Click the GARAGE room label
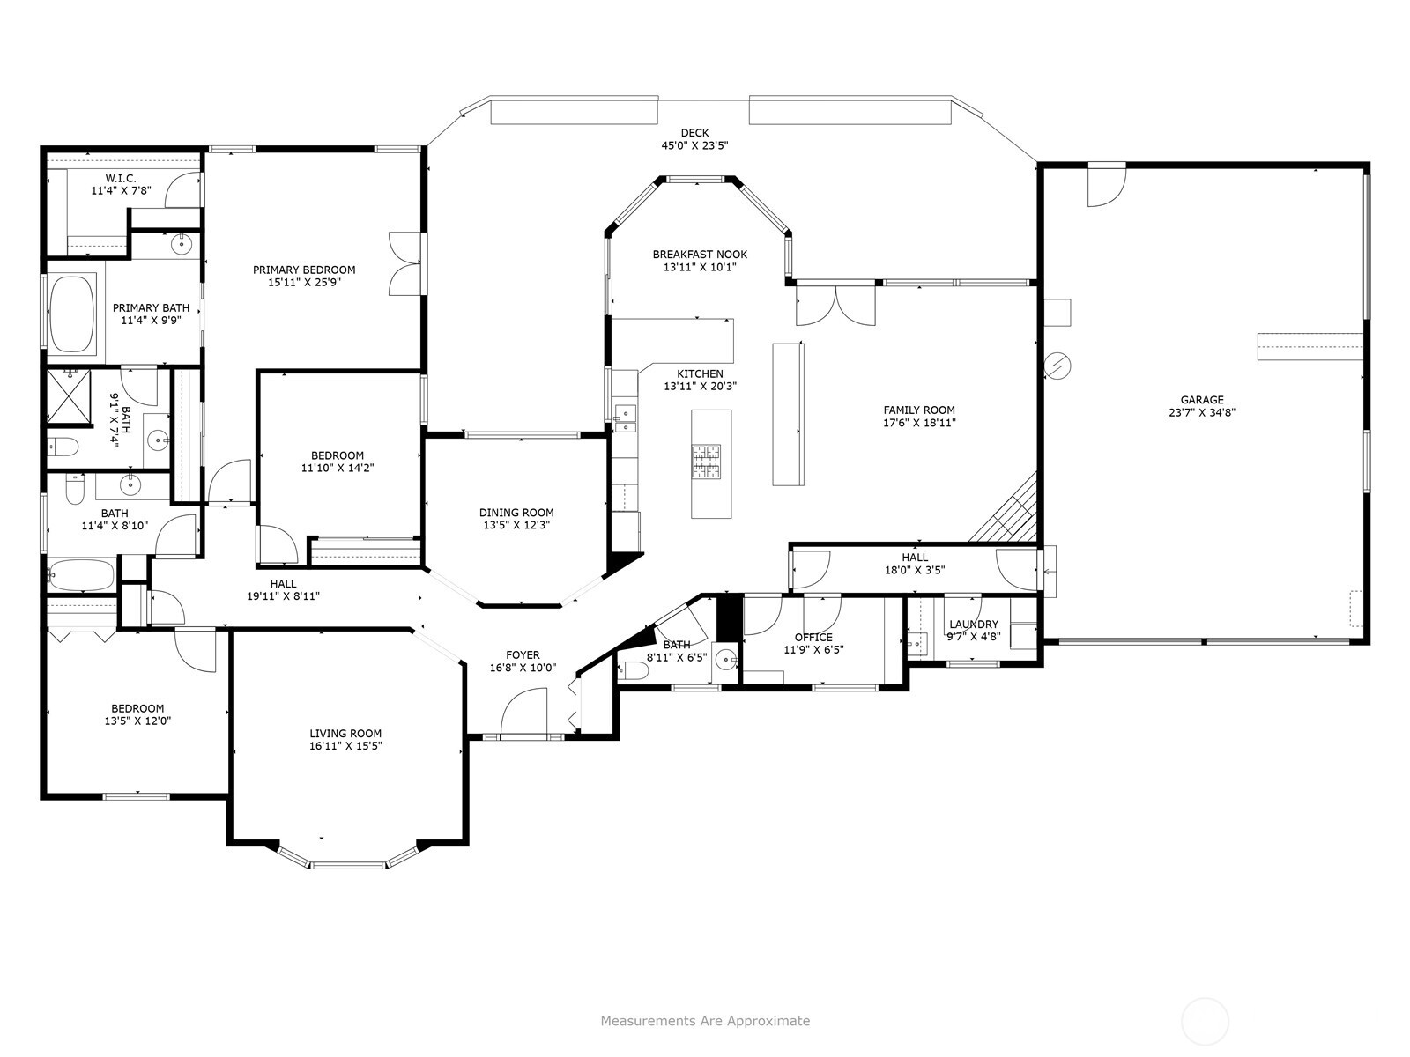coord(1202,400)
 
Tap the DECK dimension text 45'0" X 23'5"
coord(694,145)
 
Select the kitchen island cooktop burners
coord(706,462)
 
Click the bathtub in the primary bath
coord(71,314)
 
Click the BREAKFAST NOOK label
coord(701,255)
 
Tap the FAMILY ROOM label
coord(919,410)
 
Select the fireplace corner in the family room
coord(1005,510)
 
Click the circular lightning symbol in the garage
coord(1057,366)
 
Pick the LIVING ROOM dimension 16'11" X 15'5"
coord(345,746)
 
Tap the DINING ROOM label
coord(516,512)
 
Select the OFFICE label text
coord(813,637)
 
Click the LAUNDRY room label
coord(974,625)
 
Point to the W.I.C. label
coord(121,179)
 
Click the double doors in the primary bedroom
coord(405,263)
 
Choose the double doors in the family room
coord(835,306)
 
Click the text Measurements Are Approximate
coord(705,1020)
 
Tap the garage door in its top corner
coord(1106,184)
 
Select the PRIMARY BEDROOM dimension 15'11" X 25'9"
coord(304,283)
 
